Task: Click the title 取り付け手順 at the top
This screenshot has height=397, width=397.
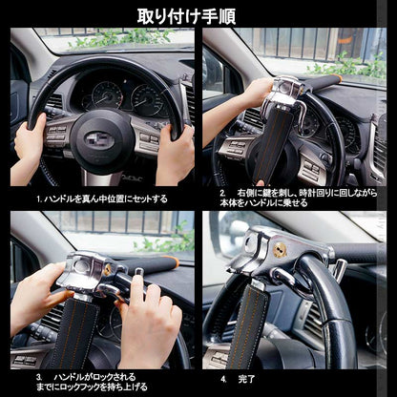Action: tap(198, 15)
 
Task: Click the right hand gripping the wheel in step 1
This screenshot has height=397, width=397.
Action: tap(175, 153)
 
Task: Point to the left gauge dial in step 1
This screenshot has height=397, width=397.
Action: tap(106, 94)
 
